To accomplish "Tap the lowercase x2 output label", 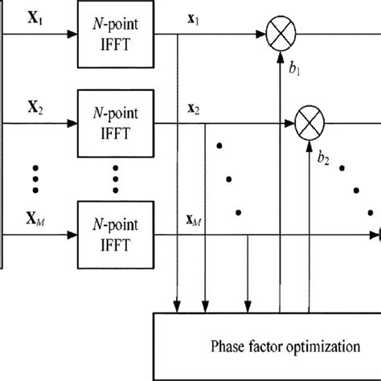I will [195, 109].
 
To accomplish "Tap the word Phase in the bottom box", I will [231, 346].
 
